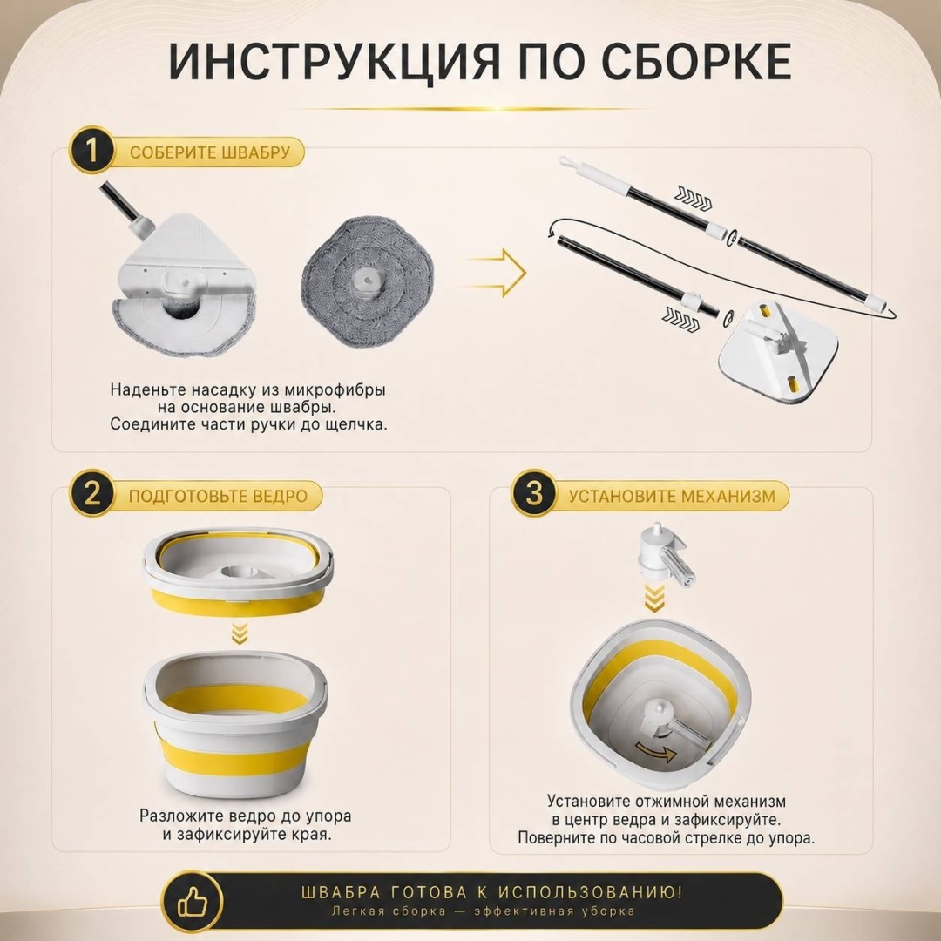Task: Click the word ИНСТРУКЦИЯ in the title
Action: click(x=334, y=62)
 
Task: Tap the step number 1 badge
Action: click(x=91, y=150)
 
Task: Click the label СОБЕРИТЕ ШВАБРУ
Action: click(x=210, y=152)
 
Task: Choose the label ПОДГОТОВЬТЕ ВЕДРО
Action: click(x=218, y=497)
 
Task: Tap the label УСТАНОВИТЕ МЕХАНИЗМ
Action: click(x=672, y=497)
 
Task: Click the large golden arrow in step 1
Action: click(x=495, y=273)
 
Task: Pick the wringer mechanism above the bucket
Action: click(x=665, y=554)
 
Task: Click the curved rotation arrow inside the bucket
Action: click(x=656, y=750)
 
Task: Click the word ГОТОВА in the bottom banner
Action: click(x=429, y=892)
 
